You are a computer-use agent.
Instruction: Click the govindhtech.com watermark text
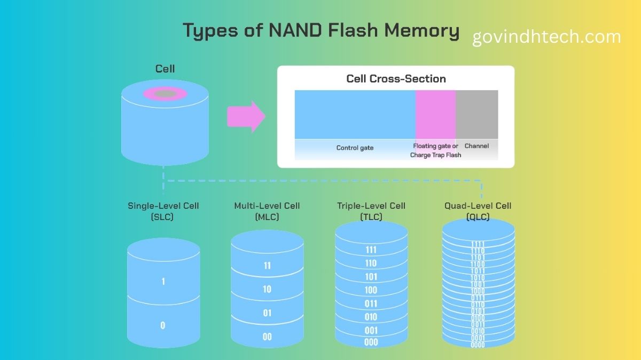(546, 37)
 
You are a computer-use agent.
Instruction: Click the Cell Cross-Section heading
(396, 79)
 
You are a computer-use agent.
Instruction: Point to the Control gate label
(355, 147)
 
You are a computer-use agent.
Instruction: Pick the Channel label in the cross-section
(476, 146)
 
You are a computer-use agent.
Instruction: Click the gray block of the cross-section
(476, 114)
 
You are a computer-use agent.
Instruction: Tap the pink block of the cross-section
(435, 114)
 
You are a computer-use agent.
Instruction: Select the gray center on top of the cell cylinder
(165, 94)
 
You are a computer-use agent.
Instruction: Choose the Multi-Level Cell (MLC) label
(267, 211)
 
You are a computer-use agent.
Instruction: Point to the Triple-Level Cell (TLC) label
(371, 211)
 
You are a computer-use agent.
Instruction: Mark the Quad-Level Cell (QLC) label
(478, 211)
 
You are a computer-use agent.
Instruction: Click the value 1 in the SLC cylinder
(163, 281)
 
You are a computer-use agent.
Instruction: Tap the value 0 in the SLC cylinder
(163, 325)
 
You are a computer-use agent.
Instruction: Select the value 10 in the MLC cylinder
(267, 289)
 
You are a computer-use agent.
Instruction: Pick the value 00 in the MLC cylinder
(267, 336)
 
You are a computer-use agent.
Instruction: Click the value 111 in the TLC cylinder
(371, 250)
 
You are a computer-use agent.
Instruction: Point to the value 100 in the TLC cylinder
(371, 290)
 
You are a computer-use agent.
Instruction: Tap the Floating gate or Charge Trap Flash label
(435, 150)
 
